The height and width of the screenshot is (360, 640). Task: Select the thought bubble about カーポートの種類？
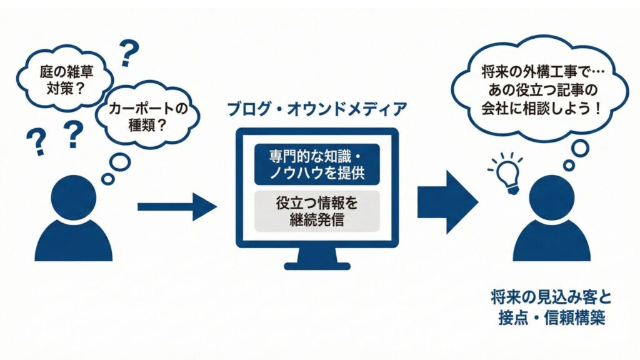click(144, 116)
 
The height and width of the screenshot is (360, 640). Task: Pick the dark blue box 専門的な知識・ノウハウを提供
click(317, 164)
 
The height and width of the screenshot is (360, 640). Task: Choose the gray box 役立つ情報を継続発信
click(317, 211)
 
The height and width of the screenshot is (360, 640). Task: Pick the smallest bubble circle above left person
click(108, 179)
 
